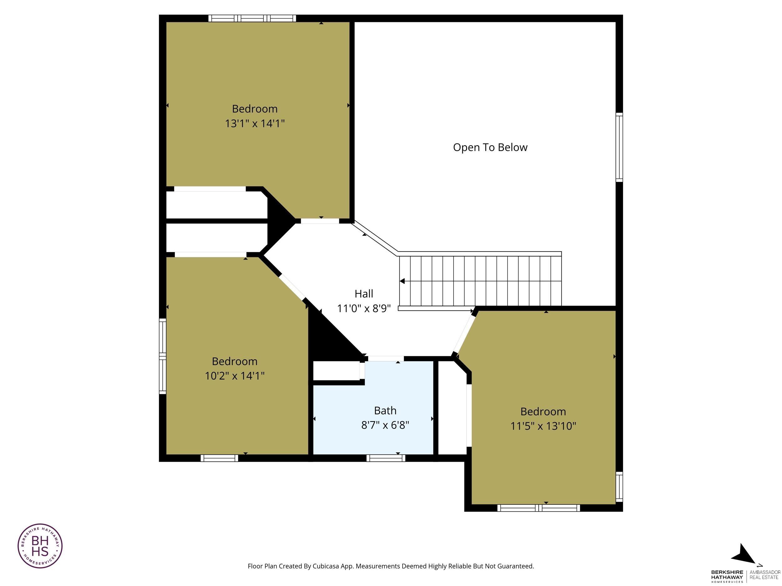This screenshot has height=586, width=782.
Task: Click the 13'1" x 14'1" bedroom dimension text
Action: (255, 123)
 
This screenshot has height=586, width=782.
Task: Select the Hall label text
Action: (364, 293)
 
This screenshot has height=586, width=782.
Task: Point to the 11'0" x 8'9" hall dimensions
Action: (364, 308)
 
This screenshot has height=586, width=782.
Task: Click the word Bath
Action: (385, 410)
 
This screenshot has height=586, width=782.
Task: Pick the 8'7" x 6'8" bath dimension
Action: (385, 425)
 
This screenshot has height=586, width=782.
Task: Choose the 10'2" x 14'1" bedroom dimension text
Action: (235, 375)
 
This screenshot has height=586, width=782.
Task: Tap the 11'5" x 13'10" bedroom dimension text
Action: (543, 426)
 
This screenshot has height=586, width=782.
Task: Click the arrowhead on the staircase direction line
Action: (402, 281)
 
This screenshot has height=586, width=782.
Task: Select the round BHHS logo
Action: (40, 546)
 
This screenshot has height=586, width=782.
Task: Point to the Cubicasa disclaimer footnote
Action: (391, 566)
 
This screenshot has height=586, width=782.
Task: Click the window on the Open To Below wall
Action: (619, 147)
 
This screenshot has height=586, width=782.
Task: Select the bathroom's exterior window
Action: (386, 458)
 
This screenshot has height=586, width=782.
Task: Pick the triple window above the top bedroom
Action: (252, 18)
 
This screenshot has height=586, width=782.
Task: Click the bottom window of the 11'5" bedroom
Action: (539, 508)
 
